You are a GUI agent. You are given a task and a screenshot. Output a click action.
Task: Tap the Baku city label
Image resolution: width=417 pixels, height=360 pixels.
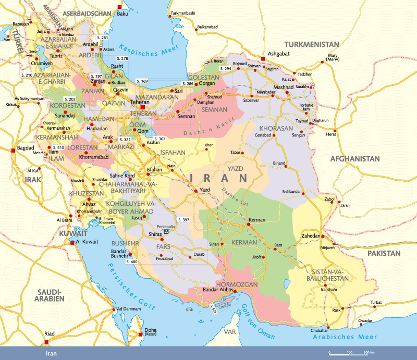(123, 14)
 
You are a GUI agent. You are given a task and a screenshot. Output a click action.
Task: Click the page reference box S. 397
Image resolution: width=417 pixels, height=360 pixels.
(183, 220)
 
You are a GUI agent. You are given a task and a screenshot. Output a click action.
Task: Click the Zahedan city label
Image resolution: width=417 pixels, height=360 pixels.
(310, 236)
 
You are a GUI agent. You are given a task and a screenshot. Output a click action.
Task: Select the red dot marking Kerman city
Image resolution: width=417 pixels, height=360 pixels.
(248, 225)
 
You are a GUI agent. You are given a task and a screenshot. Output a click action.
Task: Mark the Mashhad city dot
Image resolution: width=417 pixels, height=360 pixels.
(287, 93)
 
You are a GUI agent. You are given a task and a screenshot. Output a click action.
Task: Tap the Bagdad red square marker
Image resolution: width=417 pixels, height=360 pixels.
(13, 151)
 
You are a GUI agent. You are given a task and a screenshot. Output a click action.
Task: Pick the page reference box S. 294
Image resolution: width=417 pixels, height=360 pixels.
(226, 69)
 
